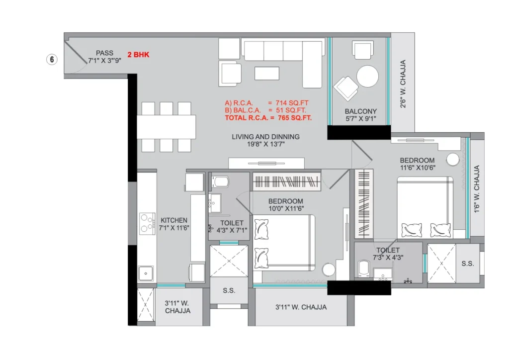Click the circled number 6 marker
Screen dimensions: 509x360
(52, 60)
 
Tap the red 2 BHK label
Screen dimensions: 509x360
(138, 55)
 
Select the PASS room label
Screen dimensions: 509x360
(104, 53)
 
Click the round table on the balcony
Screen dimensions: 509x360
(367, 76)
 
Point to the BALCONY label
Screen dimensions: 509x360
(361, 111)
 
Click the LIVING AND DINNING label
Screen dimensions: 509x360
(265, 137)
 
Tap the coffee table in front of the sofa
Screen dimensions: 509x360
(267, 74)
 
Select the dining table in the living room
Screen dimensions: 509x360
(166, 127)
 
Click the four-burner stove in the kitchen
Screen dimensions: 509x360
(147, 224)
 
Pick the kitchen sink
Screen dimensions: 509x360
(146, 273)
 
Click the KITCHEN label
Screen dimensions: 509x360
(174, 220)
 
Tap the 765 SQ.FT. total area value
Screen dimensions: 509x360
(295, 118)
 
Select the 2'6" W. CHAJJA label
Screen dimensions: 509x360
(403, 84)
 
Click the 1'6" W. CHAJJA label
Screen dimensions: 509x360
(477, 189)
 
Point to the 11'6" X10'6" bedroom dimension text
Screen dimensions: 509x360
(418, 168)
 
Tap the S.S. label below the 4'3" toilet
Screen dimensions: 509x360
(229, 290)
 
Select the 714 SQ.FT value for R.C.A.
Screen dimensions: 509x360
(292, 103)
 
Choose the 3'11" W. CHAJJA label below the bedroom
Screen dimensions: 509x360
(301, 307)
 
